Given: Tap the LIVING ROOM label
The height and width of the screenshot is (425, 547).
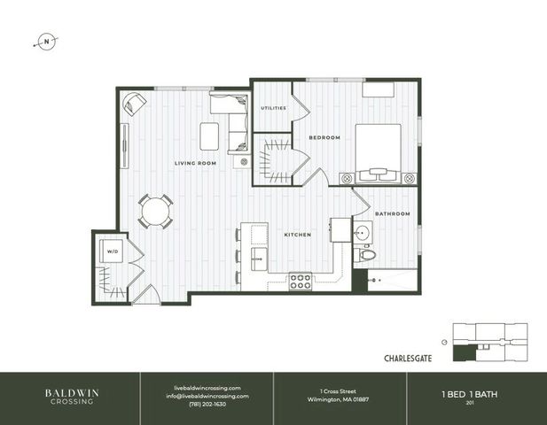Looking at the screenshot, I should point(195,163).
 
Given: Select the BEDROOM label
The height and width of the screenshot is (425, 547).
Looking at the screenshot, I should point(324,138).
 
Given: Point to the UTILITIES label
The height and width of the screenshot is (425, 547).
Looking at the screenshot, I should point(273,108).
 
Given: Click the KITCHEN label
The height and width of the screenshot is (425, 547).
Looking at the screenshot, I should point(296,235).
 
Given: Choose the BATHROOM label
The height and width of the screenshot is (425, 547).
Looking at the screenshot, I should point(392,213).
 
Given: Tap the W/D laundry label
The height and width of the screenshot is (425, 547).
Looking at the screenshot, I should point(113,251).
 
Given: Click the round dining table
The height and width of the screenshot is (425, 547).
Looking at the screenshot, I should point(156,212).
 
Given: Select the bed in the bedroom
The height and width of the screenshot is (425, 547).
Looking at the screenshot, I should point(379,150).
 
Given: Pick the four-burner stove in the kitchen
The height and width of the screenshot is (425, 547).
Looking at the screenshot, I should point(301,282).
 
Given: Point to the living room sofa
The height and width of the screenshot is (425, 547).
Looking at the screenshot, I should point(231,123).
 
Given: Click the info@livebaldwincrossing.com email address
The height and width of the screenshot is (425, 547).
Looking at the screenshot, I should point(206,395).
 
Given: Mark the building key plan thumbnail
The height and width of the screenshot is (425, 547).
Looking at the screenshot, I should point(489,340).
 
